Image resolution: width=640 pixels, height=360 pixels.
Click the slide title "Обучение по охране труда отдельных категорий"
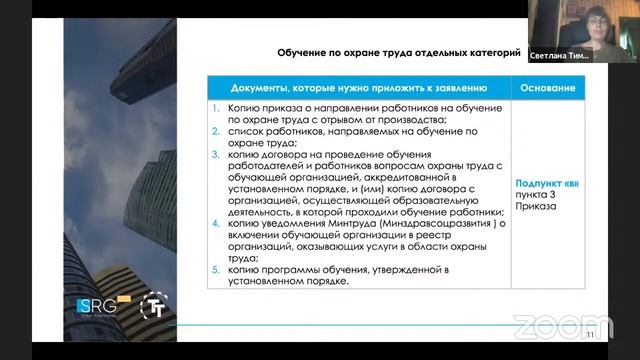[398, 55]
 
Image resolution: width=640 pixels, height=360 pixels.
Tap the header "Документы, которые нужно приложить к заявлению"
[357, 88]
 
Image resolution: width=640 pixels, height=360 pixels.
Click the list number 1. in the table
[215, 107]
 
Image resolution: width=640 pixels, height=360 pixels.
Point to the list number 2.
[215, 131]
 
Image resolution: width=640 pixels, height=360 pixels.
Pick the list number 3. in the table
[215, 155]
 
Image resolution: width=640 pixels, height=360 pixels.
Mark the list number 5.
[215, 269]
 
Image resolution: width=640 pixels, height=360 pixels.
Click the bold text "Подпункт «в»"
[546, 184]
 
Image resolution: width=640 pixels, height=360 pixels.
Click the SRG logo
[98, 305]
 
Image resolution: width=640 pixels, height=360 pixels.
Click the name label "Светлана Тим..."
[559, 57]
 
